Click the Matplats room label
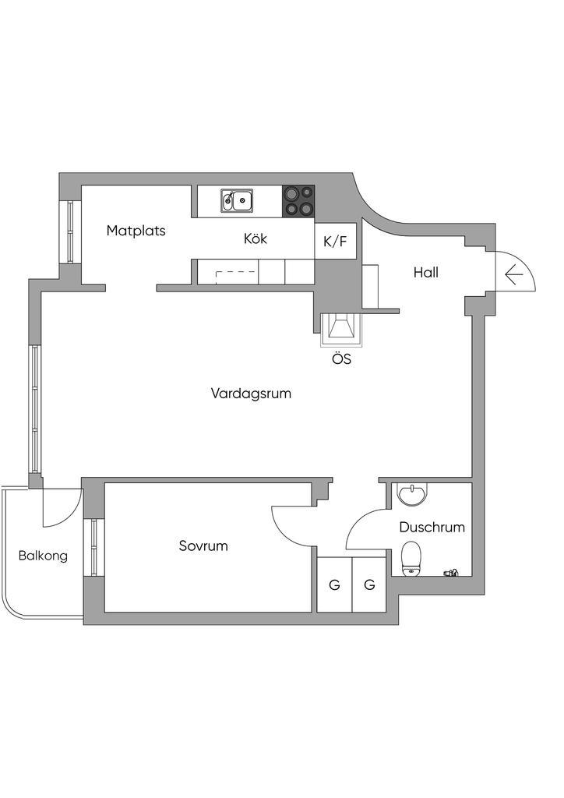[136, 231]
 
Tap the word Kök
[256, 239]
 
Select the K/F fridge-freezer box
[336, 242]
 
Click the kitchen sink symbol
[236, 200]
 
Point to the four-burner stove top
[298, 200]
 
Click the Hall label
[426, 273]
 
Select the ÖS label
[340, 360]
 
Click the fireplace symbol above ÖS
[340, 329]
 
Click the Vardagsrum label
[251, 394]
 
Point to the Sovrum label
[203, 546]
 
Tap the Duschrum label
[432, 528]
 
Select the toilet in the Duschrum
[411, 559]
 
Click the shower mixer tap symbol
[451, 573]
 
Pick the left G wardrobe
[334, 584]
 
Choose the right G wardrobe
[369, 584]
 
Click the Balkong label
[43, 556]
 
